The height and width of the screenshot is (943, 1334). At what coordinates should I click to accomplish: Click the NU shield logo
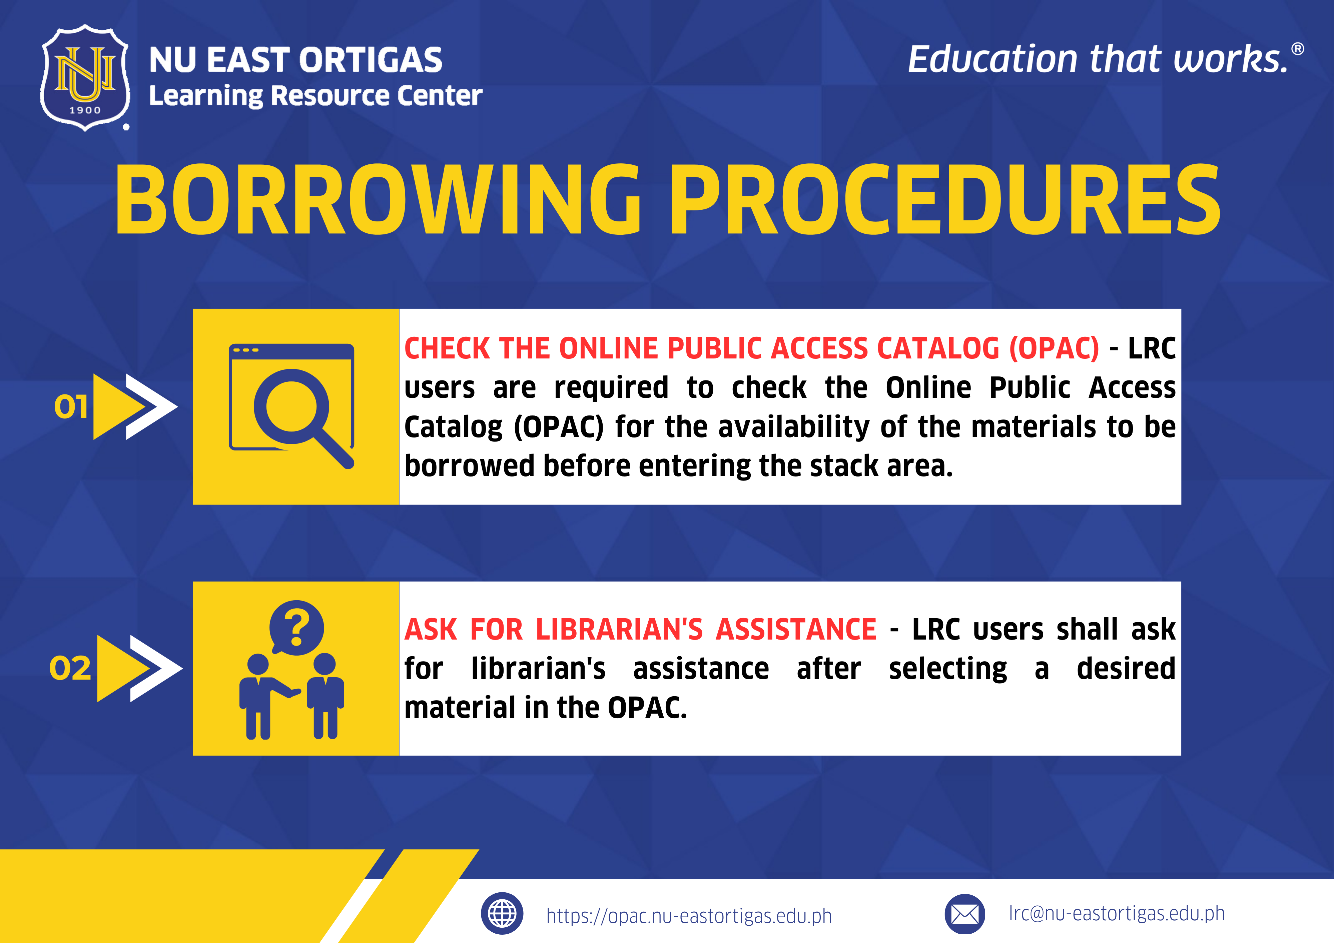[x=85, y=77]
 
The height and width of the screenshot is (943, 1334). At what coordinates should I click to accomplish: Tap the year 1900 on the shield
[x=85, y=110]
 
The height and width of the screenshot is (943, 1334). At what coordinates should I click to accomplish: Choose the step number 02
[x=70, y=668]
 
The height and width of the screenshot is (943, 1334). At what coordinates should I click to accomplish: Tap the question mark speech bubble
[x=296, y=628]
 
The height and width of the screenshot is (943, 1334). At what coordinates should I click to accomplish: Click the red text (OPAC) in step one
[x=1054, y=348]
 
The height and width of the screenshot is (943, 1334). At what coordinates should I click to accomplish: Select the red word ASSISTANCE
[x=796, y=629]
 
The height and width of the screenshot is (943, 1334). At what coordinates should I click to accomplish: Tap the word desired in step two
[x=1126, y=668]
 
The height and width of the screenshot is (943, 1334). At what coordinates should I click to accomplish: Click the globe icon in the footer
[x=502, y=913]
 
